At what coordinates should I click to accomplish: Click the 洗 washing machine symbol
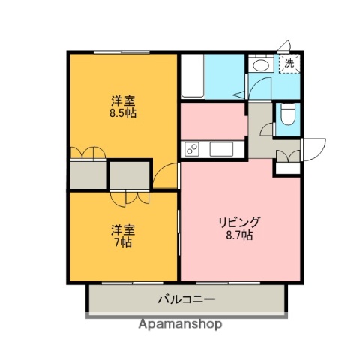289,64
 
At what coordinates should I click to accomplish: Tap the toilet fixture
287,115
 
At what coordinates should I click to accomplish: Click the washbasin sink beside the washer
262,66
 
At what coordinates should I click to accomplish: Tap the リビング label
239,222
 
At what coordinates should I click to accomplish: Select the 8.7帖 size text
239,235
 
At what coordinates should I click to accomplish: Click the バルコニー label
187,299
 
